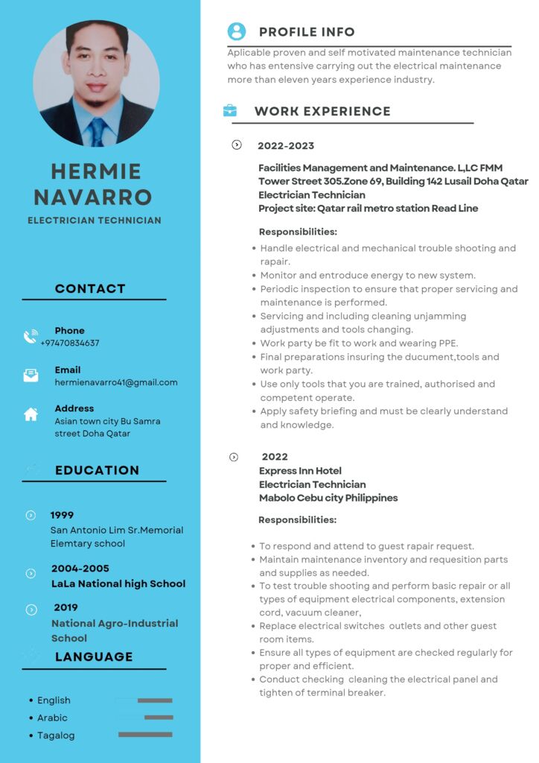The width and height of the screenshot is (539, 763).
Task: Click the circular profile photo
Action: (x=96, y=83)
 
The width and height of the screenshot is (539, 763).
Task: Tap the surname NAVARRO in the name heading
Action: (x=93, y=197)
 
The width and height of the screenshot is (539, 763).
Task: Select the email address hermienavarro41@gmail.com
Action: (x=116, y=382)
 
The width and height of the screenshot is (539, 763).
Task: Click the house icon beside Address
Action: (x=31, y=414)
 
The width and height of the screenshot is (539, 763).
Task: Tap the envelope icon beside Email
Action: (x=31, y=376)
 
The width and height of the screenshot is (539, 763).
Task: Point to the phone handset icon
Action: (x=31, y=337)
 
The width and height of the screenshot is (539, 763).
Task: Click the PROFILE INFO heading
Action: (x=307, y=32)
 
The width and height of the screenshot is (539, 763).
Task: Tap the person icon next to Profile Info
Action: (x=237, y=31)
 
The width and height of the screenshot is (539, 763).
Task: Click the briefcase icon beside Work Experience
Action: (x=230, y=111)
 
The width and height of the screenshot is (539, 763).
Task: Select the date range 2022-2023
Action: (x=286, y=145)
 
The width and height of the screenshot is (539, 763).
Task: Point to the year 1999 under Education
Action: (x=62, y=515)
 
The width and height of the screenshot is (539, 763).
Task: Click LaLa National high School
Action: (x=118, y=583)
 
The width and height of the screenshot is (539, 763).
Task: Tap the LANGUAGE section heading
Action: (x=94, y=656)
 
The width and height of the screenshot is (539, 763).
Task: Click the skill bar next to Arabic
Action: (x=159, y=718)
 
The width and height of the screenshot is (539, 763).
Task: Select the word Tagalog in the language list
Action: (x=56, y=735)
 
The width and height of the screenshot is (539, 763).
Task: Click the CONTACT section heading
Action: (x=90, y=288)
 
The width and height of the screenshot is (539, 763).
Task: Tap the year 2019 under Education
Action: (x=66, y=607)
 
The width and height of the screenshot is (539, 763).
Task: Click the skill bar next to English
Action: (x=155, y=700)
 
